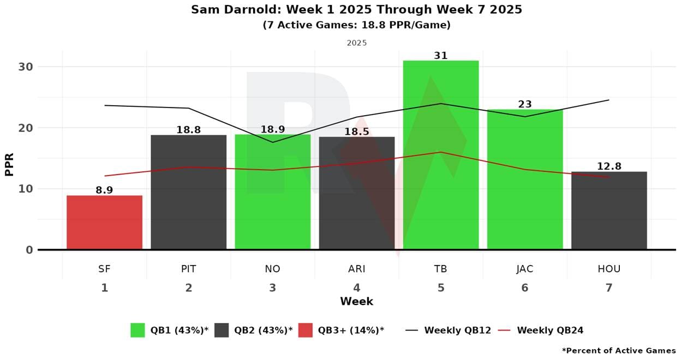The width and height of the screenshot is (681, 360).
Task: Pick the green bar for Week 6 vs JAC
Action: [524, 179]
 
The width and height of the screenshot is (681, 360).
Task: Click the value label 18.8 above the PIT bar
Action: [188, 130]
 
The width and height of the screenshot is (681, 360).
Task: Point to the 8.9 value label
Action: [104, 190]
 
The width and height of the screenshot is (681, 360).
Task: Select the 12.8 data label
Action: [609, 166]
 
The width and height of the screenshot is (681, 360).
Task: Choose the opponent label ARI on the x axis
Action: [356, 269]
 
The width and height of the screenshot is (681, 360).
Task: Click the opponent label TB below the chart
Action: [440, 269]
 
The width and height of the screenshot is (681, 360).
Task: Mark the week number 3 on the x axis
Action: [272, 287]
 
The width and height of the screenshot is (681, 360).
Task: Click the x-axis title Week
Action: [356, 301]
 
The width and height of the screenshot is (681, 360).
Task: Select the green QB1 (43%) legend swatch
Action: [138, 330]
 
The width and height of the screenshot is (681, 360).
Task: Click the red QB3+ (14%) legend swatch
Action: [306, 330]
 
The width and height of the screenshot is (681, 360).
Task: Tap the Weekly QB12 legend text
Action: [457, 330]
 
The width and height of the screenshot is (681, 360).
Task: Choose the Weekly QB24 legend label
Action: [550, 330]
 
